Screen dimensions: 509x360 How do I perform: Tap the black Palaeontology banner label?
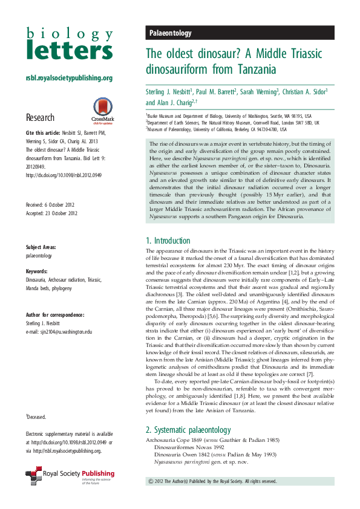(x=170, y=34)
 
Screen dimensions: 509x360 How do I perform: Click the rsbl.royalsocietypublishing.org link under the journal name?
(x=69, y=78)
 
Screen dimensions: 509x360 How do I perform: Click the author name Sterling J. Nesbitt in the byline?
(x=169, y=92)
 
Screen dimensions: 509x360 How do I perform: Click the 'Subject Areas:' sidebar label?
(x=42, y=248)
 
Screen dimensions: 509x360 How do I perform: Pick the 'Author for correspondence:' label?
(x=55, y=314)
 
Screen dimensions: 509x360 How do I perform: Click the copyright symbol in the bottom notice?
(x=151, y=481)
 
